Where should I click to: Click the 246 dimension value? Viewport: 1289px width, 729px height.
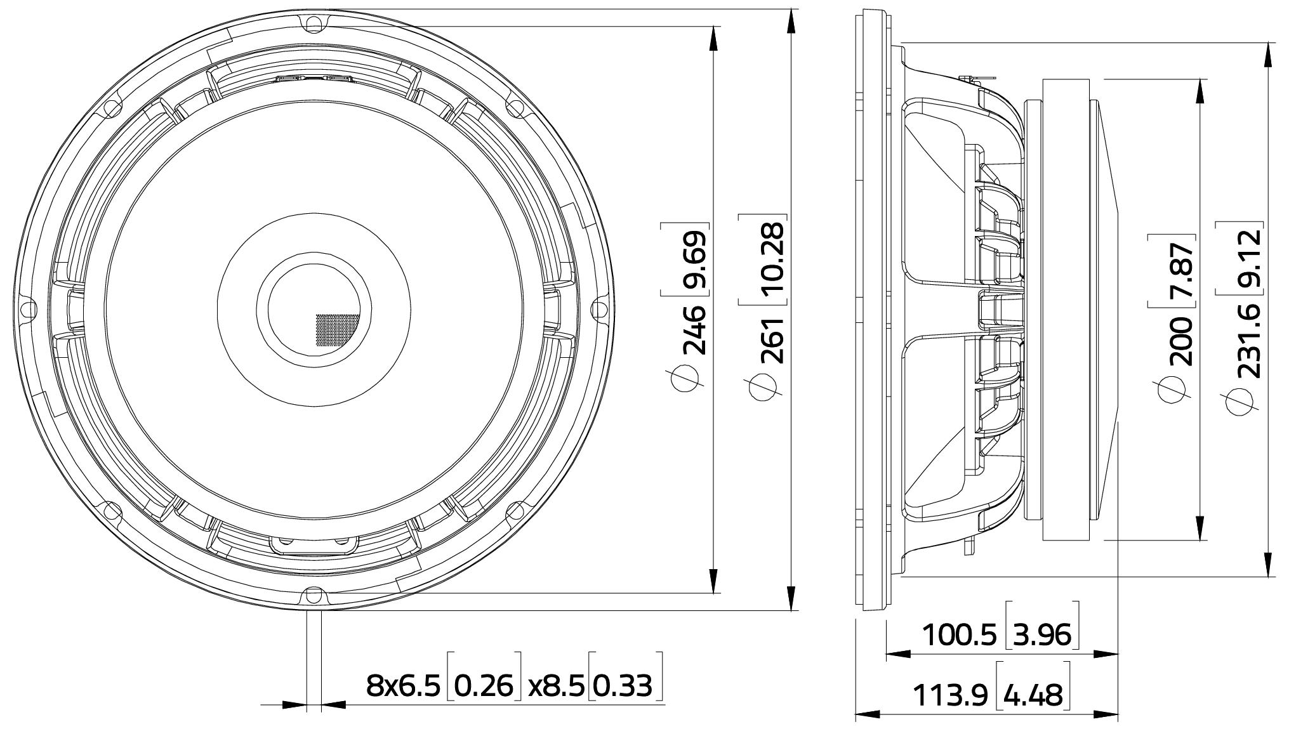(x=693, y=329)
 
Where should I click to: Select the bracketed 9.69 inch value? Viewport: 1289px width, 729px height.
(x=693, y=260)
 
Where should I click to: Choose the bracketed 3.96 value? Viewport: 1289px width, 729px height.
(x=1043, y=635)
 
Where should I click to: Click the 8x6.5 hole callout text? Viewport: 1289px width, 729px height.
(x=403, y=686)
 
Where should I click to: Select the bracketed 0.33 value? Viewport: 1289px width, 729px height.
(x=625, y=686)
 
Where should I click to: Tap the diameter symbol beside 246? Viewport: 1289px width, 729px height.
(x=685, y=379)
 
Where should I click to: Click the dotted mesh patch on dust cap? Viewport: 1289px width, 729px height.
(x=337, y=330)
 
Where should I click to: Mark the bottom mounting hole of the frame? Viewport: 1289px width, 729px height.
(x=314, y=594)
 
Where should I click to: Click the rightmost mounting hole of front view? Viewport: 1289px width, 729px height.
(x=598, y=310)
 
